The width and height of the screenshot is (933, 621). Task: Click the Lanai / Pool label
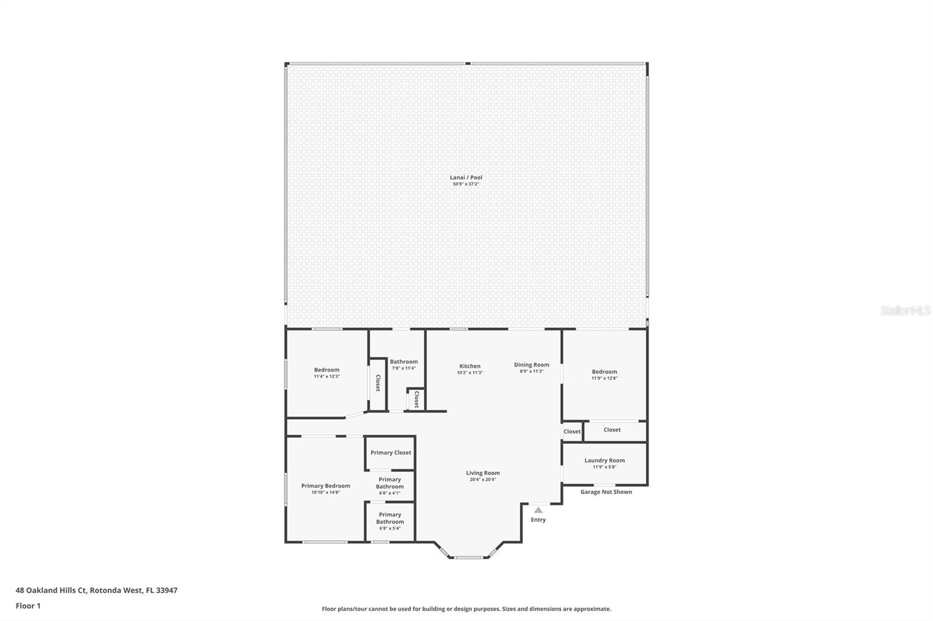[x=465, y=177]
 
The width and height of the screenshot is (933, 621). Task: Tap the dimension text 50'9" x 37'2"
[x=465, y=184]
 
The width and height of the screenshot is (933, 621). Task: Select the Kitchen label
[x=469, y=366]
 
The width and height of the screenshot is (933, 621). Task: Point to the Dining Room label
[x=531, y=365]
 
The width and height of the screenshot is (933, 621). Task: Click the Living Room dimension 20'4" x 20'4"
[x=482, y=479]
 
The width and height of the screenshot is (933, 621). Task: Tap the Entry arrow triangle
[x=538, y=510]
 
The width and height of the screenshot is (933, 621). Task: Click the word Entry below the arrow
[x=538, y=520]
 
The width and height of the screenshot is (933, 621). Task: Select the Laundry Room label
[x=604, y=460]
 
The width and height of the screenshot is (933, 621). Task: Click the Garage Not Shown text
[x=606, y=492]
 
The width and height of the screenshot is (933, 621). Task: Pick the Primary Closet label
[x=391, y=453]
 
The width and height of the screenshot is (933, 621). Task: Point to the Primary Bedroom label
[x=325, y=486]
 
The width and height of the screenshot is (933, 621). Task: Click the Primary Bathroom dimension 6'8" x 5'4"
[x=390, y=528]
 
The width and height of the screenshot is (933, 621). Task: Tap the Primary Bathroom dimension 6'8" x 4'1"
[x=390, y=493]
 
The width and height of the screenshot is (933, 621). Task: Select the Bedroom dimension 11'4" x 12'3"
[x=327, y=376]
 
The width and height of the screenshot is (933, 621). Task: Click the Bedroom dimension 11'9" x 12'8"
[x=604, y=378]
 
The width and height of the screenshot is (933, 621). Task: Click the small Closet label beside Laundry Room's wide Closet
[x=572, y=432]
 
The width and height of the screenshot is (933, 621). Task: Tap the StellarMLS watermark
[x=905, y=311]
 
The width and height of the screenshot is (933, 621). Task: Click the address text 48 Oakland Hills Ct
[x=51, y=590]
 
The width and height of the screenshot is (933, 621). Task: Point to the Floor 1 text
[x=28, y=606]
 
